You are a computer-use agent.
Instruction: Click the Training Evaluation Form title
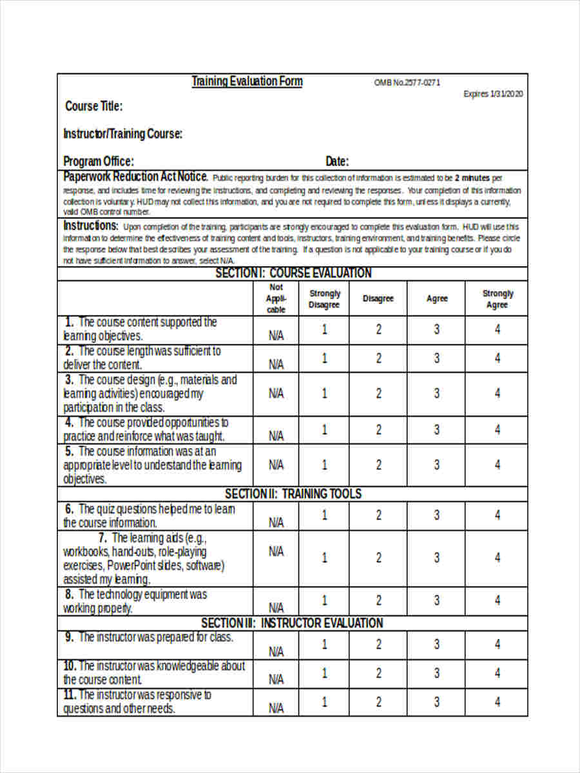tap(247, 81)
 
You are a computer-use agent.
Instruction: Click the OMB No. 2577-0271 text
tap(407, 83)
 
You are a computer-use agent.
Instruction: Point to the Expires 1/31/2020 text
tap(493, 94)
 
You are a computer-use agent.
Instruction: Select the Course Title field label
tap(94, 106)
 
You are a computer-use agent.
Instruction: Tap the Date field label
tap(337, 161)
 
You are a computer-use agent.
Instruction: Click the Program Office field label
tap(99, 161)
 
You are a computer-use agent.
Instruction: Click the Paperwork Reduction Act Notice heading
tap(135, 177)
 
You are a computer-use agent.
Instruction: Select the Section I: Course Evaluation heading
tap(293, 273)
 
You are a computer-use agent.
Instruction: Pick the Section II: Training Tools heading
tap(293, 494)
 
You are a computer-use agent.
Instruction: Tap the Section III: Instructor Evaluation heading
tap(292, 623)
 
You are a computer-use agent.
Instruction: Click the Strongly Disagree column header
tap(324, 299)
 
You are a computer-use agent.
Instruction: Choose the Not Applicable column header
tap(276, 298)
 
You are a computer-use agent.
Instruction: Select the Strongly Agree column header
tap(498, 299)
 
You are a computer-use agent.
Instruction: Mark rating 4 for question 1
tap(498, 330)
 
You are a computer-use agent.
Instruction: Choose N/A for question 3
tap(276, 393)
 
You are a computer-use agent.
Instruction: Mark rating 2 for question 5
tap(378, 464)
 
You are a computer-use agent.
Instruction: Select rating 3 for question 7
tap(436, 558)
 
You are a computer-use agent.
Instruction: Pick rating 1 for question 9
tap(324, 644)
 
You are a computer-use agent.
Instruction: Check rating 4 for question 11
tap(498, 701)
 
